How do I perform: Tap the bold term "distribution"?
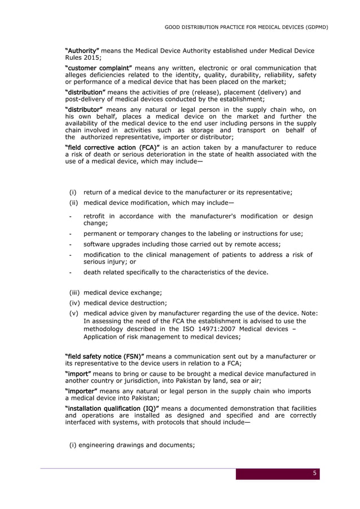[85, 92]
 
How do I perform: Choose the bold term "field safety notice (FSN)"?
[105, 356]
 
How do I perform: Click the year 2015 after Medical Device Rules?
[91, 58]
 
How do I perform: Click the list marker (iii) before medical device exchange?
[75, 292]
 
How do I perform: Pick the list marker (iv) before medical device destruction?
[75, 303]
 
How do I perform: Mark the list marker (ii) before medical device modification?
[74, 203]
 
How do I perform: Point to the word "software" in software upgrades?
[98, 244]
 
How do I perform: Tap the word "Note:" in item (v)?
[308, 314]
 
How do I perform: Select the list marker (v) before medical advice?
[74, 314]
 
